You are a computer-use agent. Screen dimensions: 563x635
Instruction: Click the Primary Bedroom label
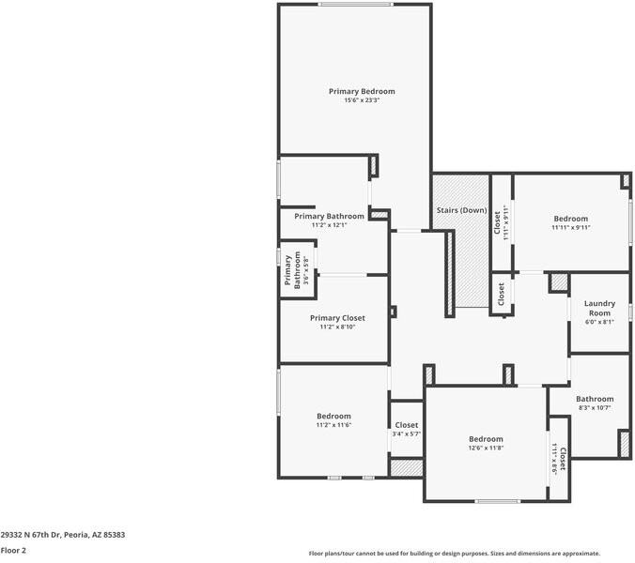(x=362, y=91)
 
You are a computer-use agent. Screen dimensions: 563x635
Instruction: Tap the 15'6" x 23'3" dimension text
(x=362, y=100)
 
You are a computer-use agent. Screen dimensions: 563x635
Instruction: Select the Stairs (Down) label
(x=461, y=210)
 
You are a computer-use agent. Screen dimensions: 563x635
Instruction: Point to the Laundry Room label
(x=599, y=308)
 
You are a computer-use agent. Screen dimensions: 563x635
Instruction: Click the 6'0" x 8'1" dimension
(x=599, y=322)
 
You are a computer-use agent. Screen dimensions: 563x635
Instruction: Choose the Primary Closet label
(x=337, y=318)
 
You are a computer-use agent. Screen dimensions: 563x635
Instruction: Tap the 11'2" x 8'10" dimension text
(x=337, y=327)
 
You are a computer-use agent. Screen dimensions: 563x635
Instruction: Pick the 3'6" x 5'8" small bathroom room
(x=296, y=272)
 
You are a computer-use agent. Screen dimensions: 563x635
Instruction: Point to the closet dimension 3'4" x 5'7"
(x=406, y=434)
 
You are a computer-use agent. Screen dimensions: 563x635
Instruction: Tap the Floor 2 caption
(x=13, y=550)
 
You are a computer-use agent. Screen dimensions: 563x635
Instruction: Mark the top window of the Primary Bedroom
(x=355, y=5)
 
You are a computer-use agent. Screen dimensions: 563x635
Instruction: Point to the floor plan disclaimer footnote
(x=455, y=554)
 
